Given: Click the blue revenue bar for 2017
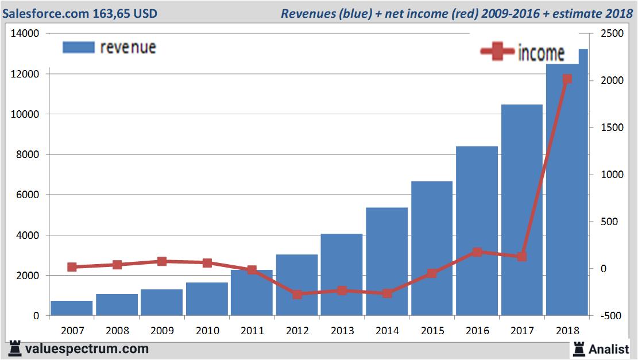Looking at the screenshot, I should [x=521, y=210].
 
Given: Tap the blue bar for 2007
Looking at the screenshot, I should [x=72, y=308].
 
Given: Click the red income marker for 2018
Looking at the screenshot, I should [x=567, y=79].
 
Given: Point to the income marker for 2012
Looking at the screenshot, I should [x=297, y=295].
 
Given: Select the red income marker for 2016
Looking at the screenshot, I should [x=477, y=252].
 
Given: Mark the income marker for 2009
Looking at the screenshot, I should [x=162, y=261].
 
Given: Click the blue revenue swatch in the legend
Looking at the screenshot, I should [x=78, y=47].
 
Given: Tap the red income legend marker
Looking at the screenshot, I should [x=497, y=52].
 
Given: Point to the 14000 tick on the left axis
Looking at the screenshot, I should [x=25, y=34].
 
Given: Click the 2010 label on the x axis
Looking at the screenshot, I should [x=207, y=331].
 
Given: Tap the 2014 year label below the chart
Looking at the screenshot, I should [x=387, y=331].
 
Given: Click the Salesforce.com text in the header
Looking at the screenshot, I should [x=45, y=13].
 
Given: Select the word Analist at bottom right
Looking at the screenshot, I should [x=609, y=349].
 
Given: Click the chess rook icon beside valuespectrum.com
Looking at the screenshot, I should [x=16, y=348].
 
